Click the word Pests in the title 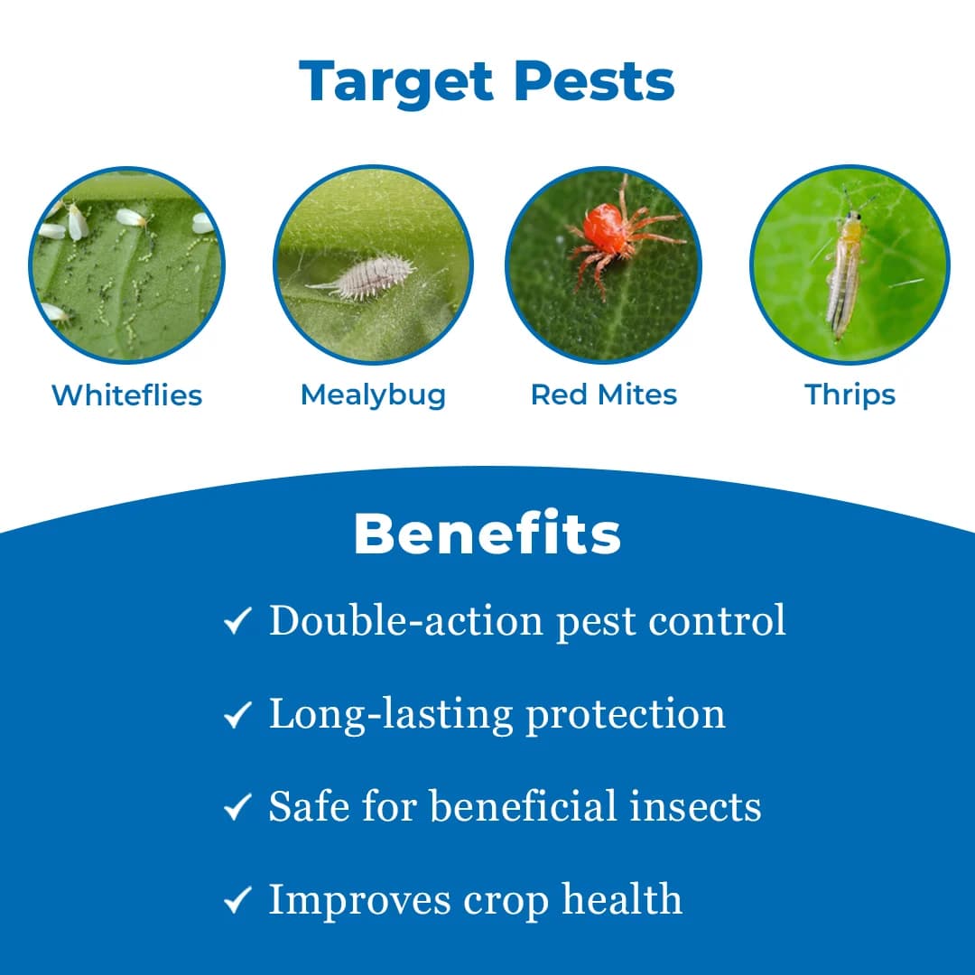(595, 81)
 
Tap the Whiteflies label (126, 395)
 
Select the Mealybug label (373, 395)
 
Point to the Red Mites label (603, 395)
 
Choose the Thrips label (850, 395)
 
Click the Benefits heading (487, 534)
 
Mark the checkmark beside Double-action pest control (237, 622)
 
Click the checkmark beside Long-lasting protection (237, 716)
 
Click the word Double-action (405, 620)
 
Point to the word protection (626, 715)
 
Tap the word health (622, 899)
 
